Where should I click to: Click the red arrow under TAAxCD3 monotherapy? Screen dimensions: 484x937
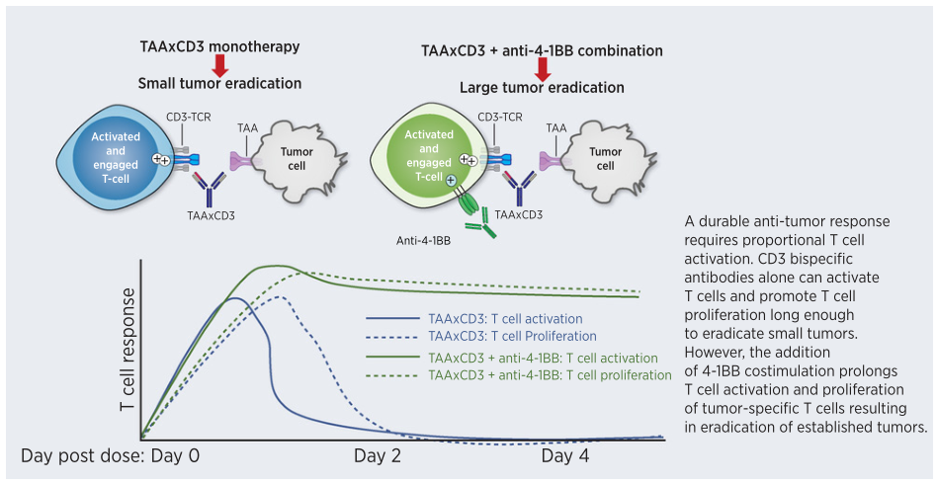pos(220,65)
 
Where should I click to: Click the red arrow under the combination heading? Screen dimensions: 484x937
pos(542,68)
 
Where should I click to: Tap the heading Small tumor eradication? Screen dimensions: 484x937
pos(219,84)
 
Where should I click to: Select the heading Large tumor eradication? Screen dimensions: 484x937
pos(542,87)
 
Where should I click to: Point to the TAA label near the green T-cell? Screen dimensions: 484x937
pos(555,127)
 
